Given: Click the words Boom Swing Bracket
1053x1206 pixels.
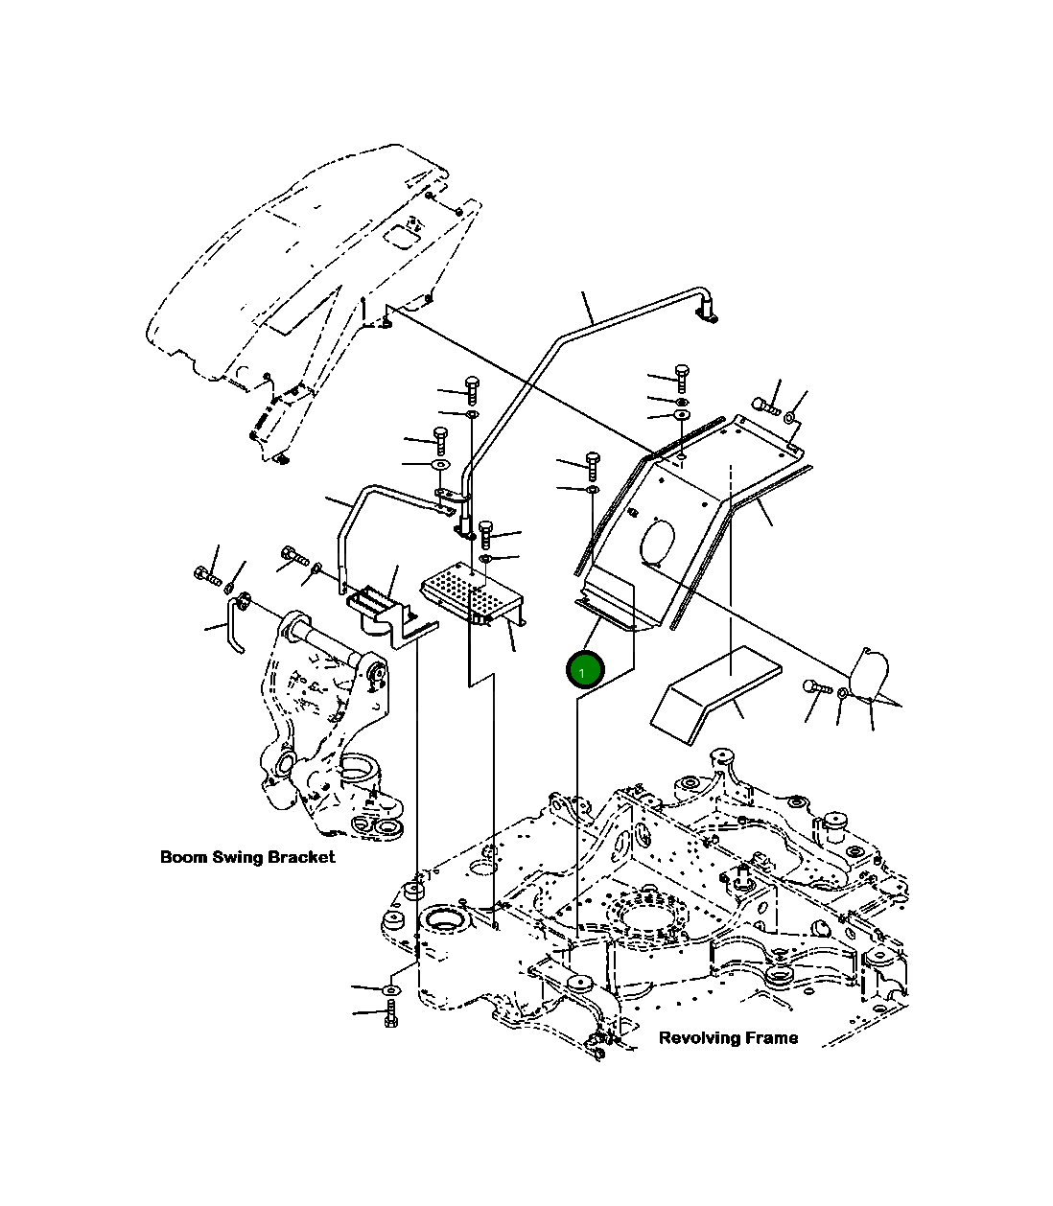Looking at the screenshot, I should click(x=247, y=856).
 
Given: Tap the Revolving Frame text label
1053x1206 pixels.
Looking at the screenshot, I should click(x=728, y=1037).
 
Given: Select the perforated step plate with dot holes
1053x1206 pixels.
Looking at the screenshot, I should click(x=468, y=597).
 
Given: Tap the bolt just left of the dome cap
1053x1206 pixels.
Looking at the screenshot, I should click(x=814, y=686).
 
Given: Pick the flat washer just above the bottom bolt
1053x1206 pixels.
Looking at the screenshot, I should click(x=391, y=987).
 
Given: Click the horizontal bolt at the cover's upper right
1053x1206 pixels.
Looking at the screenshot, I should click(x=767, y=406).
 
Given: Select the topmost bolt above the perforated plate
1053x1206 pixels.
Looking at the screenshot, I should click(x=473, y=388).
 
